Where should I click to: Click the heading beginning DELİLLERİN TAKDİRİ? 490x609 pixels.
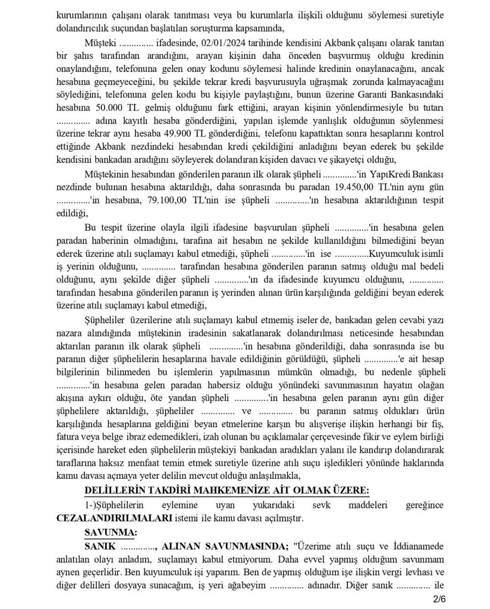click(227, 489)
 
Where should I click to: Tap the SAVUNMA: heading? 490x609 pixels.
click(111, 532)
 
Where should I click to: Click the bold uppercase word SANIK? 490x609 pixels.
click(100, 545)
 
